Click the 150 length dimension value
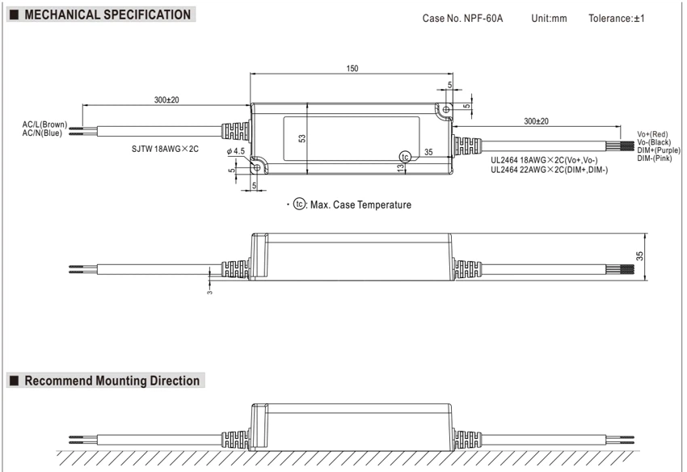(x=352, y=69)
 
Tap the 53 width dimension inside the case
(x=302, y=138)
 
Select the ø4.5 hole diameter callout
(x=236, y=151)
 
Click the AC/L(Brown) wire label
(x=44, y=124)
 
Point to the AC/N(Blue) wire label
(x=42, y=133)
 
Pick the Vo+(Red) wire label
(x=652, y=134)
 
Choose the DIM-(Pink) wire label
(x=654, y=158)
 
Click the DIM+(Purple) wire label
(x=659, y=150)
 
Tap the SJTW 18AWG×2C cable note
(x=165, y=149)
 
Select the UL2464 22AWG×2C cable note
(x=550, y=170)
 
